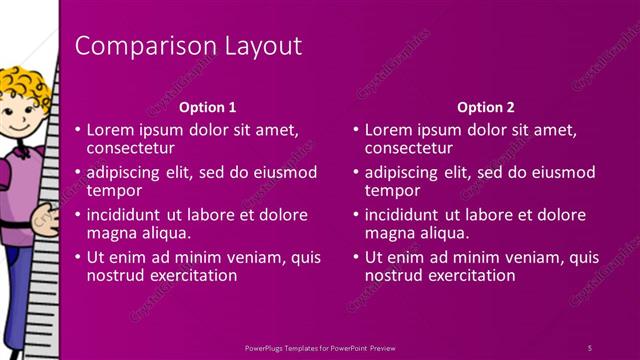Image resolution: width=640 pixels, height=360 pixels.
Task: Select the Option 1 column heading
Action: pyautogui.click(x=207, y=107)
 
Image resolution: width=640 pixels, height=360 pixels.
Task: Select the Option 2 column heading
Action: pyautogui.click(x=485, y=107)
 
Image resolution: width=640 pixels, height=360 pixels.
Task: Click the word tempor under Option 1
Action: pyautogui.click(x=114, y=190)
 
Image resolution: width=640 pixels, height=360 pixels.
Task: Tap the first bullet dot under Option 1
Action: pyautogui.click(x=78, y=130)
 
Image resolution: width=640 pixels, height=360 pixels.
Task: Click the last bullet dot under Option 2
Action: pyautogui.click(x=356, y=257)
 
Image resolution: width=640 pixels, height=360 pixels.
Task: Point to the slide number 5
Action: pyautogui.click(x=589, y=347)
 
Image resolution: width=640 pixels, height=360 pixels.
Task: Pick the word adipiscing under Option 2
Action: pyautogui.click(x=402, y=171)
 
